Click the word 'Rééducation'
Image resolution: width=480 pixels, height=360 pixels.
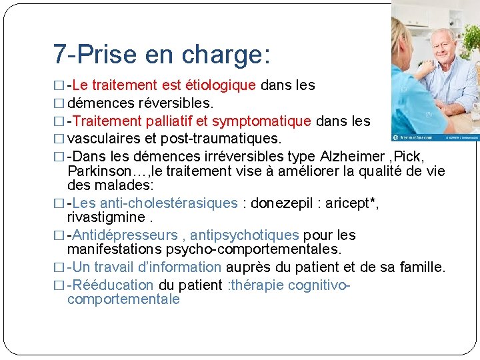113,285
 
